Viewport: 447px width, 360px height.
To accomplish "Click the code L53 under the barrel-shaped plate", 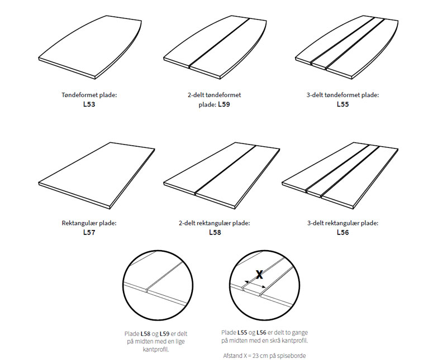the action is tap(89, 104).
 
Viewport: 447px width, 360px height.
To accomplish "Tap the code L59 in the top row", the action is tap(224, 104).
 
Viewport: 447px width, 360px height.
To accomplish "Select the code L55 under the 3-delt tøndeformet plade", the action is tap(343, 104).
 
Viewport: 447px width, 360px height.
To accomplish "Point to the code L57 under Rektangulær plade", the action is tap(89, 232).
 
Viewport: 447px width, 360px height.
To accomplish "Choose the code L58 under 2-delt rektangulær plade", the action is tap(215, 232).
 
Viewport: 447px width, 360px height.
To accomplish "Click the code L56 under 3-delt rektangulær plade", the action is tap(343, 232).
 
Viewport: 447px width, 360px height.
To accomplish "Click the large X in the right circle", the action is tap(259, 275).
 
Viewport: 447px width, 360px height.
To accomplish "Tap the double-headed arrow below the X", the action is tap(255, 284).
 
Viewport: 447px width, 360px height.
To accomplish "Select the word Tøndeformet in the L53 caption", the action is tap(80, 95).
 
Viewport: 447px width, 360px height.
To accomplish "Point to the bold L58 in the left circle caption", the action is tap(145, 334).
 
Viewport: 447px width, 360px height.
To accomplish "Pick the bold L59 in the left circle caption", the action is tap(164, 334).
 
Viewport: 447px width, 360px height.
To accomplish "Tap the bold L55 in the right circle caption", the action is tap(242, 333).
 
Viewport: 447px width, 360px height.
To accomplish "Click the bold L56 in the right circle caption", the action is tap(261, 333).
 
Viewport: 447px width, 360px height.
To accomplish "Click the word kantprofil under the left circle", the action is tap(156, 349).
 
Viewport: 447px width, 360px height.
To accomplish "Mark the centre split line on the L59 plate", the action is tap(219, 42).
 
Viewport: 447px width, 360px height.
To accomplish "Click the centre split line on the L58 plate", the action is tap(225, 170).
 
